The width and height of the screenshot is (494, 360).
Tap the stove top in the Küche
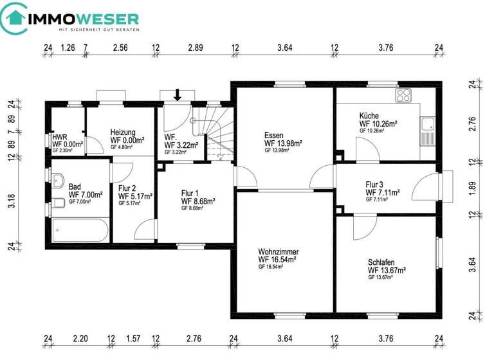click(403, 96)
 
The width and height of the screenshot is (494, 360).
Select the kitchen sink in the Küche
click(426, 131)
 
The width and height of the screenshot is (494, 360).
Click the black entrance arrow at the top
click(178, 95)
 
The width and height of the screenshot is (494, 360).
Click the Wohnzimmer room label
click(278, 251)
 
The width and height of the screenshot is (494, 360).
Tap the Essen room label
click(273, 135)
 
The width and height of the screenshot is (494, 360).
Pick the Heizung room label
click(123, 132)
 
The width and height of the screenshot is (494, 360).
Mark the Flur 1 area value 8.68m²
click(197, 201)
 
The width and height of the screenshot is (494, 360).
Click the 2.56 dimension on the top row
click(120, 48)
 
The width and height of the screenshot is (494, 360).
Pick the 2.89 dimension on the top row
click(196, 48)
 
